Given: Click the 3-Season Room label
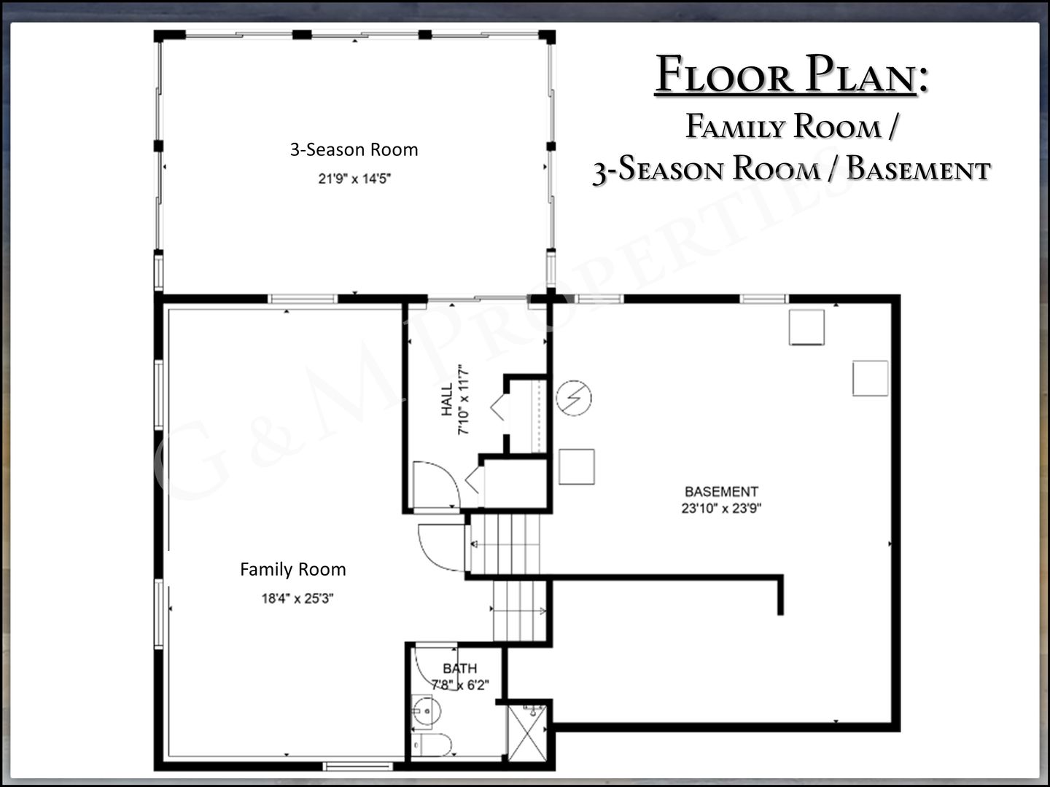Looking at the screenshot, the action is [354, 149].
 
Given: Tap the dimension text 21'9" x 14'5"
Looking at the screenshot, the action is [354, 179].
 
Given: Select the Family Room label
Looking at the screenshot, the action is [292, 569].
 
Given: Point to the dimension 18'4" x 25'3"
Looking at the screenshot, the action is [297, 598].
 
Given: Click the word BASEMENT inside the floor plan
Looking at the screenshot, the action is [721, 492].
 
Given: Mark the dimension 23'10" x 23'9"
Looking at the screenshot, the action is [721, 508].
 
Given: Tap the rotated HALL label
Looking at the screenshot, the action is [447, 399].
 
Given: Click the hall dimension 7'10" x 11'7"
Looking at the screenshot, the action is [464, 399].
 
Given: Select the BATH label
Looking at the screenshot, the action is [459, 668].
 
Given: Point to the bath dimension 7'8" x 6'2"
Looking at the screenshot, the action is [460, 685].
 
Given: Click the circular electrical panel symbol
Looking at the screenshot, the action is [574, 398].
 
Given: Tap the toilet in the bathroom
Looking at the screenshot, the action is [432, 745].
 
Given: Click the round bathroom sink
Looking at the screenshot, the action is [427, 711].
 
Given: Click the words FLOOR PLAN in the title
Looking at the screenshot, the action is [785, 75].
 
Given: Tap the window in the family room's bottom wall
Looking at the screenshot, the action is [358, 767].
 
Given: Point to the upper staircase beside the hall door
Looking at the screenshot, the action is [505, 544].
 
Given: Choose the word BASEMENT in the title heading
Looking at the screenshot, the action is [919, 169].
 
